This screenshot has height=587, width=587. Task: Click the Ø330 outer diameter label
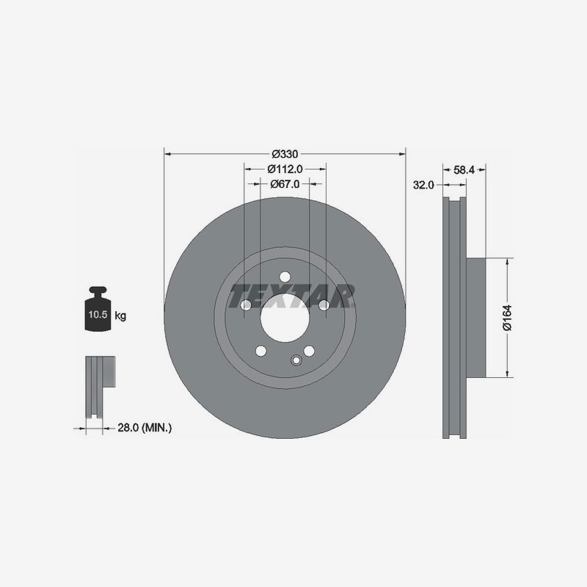point(284,154)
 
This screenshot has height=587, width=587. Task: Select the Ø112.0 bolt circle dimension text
point(284,169)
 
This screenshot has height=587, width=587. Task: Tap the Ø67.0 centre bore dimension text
point(284,184)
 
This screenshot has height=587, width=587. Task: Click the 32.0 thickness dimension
point(423,185)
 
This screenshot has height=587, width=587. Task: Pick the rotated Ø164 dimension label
point(506,318)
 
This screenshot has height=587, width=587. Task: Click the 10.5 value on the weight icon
point(97,316)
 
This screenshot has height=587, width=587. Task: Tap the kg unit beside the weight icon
point(121,316)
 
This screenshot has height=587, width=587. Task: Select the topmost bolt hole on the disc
point(285,277)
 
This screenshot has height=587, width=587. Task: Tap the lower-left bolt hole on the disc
point(260,351)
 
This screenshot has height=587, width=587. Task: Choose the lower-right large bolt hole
point(309,351)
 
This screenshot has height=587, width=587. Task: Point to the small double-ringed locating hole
point(296,360)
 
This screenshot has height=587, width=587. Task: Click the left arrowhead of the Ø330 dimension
point(167,154)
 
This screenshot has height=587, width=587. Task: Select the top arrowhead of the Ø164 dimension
point(507,260)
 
